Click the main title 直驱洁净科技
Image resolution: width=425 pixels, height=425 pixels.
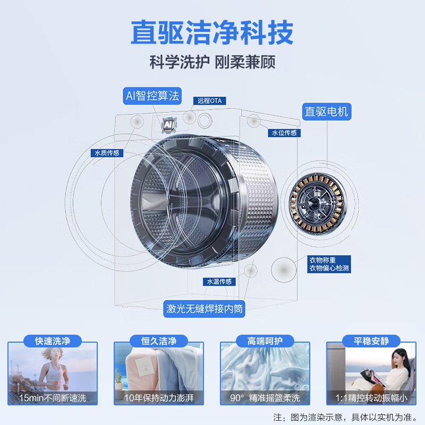pos(212,33)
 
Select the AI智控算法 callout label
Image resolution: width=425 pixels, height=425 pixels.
pos(151,96)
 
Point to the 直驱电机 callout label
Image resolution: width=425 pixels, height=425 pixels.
pos(326,112)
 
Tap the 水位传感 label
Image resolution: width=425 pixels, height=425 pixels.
pos(284,133)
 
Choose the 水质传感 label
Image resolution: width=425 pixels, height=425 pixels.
pos(107,153)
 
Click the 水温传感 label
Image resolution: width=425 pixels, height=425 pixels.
pos(219,282)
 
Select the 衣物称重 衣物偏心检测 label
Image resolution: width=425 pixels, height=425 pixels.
pos(329,264)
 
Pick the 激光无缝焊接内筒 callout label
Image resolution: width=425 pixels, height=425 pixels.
pos(205,309)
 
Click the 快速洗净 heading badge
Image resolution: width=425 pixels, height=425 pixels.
pos(53,341)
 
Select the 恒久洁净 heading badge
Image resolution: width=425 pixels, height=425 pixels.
pos(158,341)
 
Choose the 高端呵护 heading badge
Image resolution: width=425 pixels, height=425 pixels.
pos(265,341)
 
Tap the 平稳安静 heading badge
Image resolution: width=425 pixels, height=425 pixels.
pos(372,341)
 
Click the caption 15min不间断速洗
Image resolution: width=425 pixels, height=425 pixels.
pos(53,397)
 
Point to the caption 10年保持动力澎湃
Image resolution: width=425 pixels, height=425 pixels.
pos(158,397)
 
